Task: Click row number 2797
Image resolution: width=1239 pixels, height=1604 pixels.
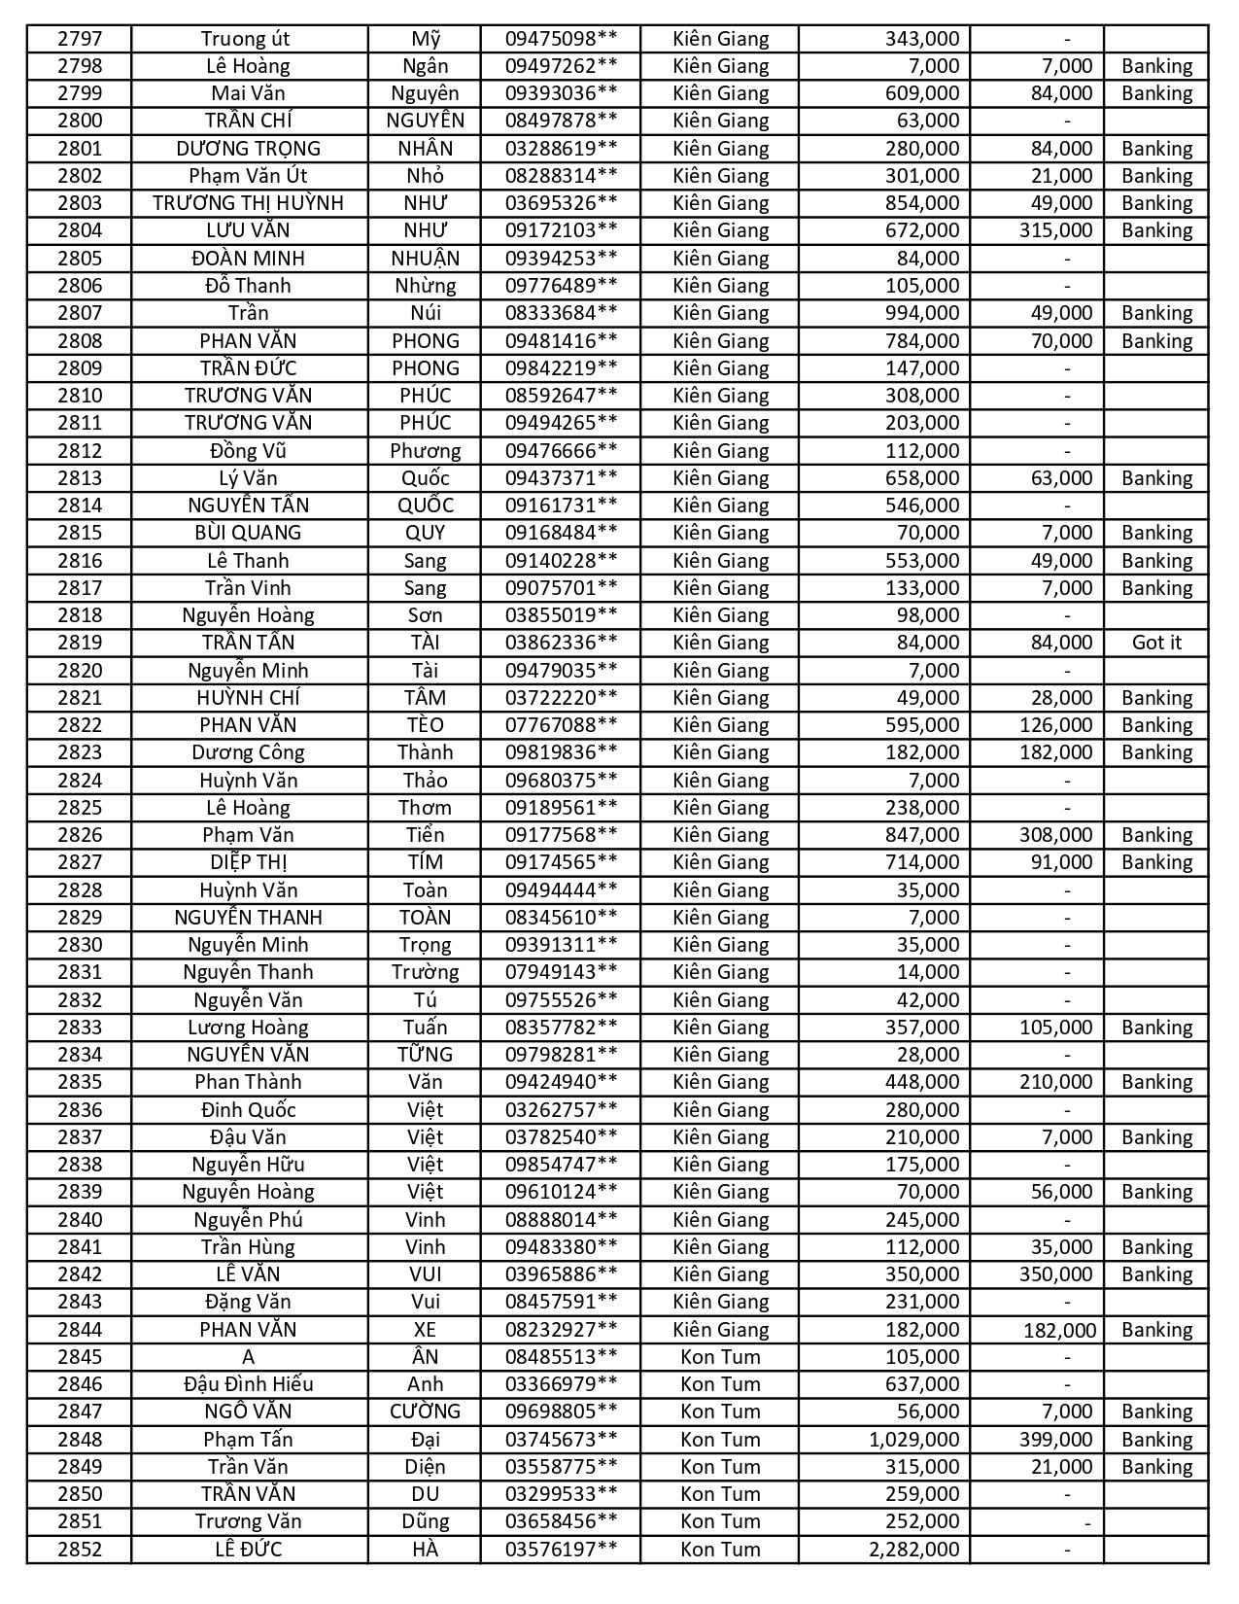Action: (79, 39)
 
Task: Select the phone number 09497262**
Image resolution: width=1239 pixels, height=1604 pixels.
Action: (561, 66)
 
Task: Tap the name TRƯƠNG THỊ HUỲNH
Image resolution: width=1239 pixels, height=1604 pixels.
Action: (248, 203)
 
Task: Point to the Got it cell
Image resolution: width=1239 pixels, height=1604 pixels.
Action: (1156, 643)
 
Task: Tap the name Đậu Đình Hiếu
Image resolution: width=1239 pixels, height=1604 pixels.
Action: (248, 1384)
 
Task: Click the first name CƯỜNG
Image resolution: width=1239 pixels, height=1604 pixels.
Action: (425, 1412)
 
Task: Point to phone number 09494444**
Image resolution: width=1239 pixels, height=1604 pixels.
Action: (561, 890)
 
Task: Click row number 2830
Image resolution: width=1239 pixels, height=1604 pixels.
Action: (79, 945)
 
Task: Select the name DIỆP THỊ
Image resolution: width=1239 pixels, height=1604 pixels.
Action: (248, 862)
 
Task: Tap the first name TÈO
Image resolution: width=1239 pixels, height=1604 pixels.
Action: (425, 725)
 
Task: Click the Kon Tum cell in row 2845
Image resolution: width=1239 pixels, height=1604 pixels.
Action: (720, 1357)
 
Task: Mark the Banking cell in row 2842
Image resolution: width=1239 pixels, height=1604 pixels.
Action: (1156, 1274)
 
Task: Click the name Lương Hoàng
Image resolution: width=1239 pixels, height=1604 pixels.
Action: (248, 1028)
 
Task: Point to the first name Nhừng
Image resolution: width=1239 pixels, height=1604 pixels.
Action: (425, 286)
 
